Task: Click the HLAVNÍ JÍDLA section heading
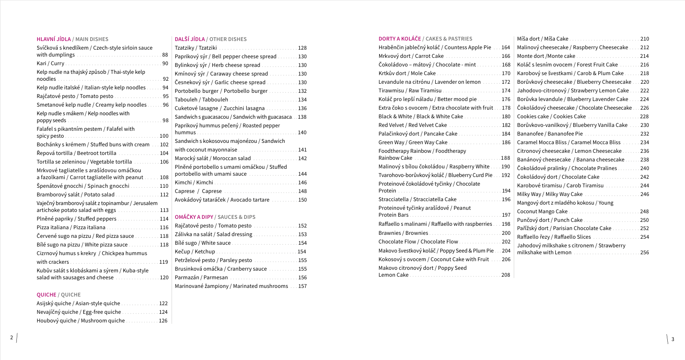tap(53, 39)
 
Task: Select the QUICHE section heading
tap(46, 295)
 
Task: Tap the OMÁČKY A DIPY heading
tap(194, 217)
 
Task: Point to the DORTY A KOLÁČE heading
tap(399, 39)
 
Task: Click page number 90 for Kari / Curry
tap(165, 63)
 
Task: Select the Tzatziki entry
tap(196, 48)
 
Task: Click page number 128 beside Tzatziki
tap(302, 48)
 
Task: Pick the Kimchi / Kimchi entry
tap(194, 183)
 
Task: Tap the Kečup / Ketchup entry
tap(195, 252)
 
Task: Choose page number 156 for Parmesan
tap(302, 278)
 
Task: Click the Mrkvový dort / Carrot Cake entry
tap(411, 56)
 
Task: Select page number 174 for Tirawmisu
tap(506, 91)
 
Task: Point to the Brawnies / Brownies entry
tap(403, 233)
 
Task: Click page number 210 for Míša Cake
tap(644, 39)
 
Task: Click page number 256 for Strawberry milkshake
tap(644, 253)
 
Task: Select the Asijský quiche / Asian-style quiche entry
tap(78, 303)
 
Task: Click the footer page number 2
tap(12, 338)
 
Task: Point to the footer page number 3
tap(672, 339)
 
